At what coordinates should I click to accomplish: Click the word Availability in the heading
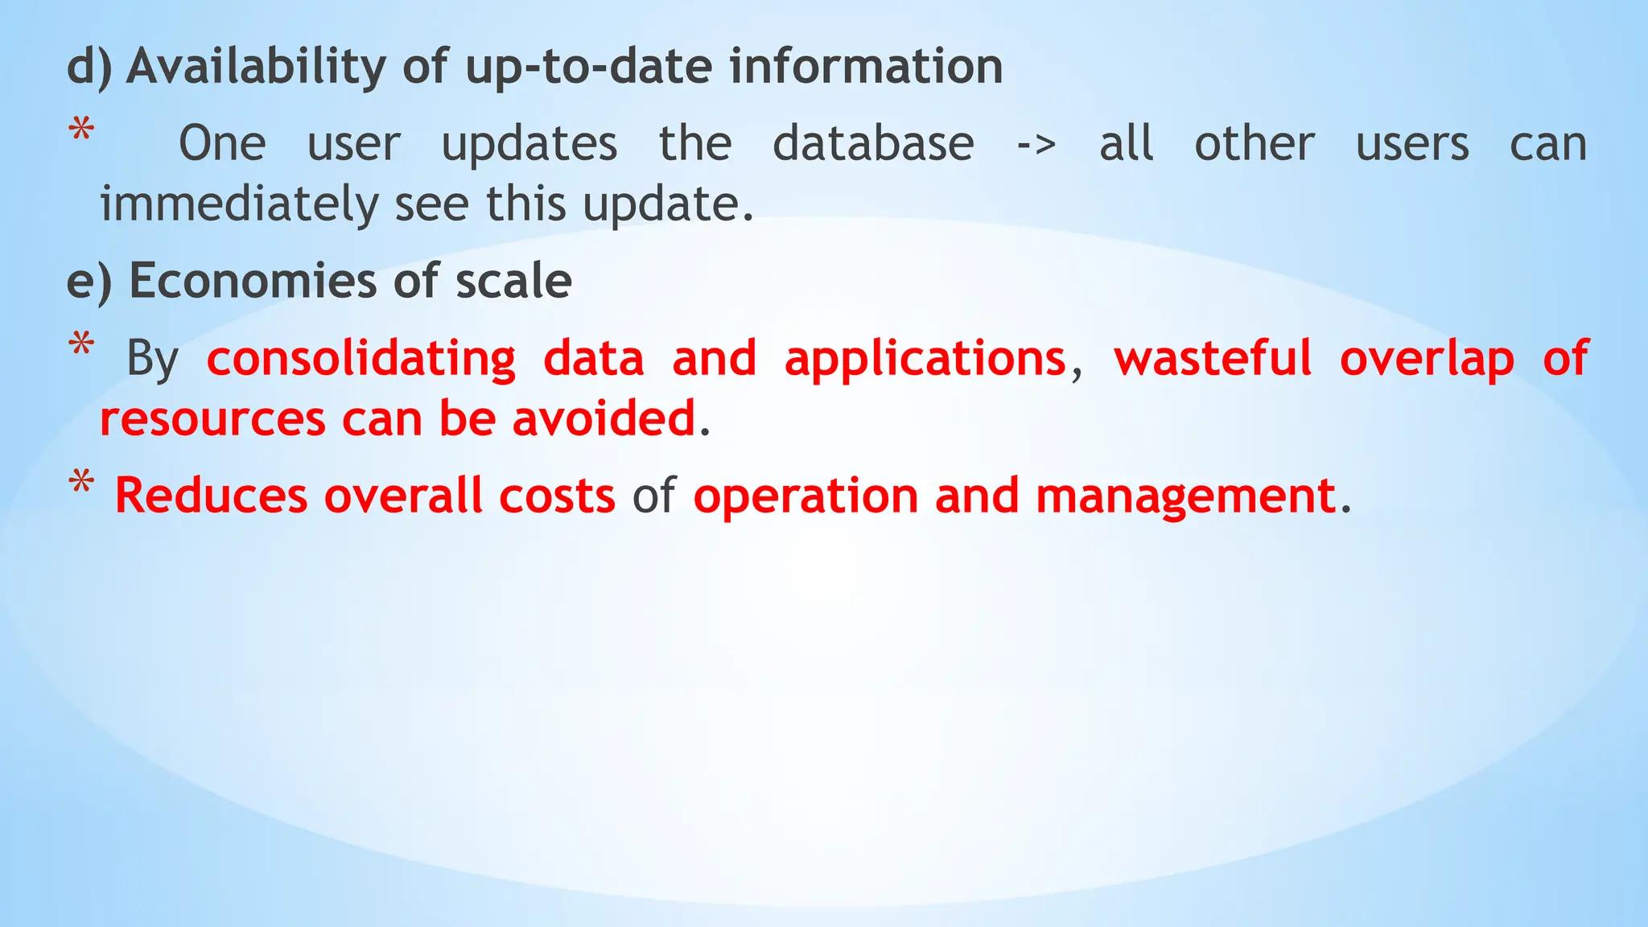coord(257,66)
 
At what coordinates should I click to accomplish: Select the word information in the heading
coord(866,66)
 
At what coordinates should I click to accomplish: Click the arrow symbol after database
coord(1036,146)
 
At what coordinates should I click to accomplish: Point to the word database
coord(873,144)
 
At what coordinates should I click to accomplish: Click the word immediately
coord(239,204)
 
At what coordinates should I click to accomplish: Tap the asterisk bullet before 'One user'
coord(81,131)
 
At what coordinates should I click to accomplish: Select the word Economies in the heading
coord(253,281)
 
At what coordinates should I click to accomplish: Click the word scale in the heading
coord(513,281)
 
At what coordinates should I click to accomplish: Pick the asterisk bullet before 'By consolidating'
coord(81,347)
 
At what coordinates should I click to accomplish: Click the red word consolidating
coord(361,359)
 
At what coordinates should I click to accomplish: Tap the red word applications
coord(925,359)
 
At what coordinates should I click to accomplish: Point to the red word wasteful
coord(1213,359)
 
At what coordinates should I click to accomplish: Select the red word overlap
coord(1427,359)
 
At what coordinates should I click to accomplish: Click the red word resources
coord(212,419)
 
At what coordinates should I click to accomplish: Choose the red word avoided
coord(604,419)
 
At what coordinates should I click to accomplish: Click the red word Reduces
coord(211,496)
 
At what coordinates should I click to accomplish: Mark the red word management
coord(1185,496)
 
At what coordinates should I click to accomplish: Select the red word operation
coord(805,496)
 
